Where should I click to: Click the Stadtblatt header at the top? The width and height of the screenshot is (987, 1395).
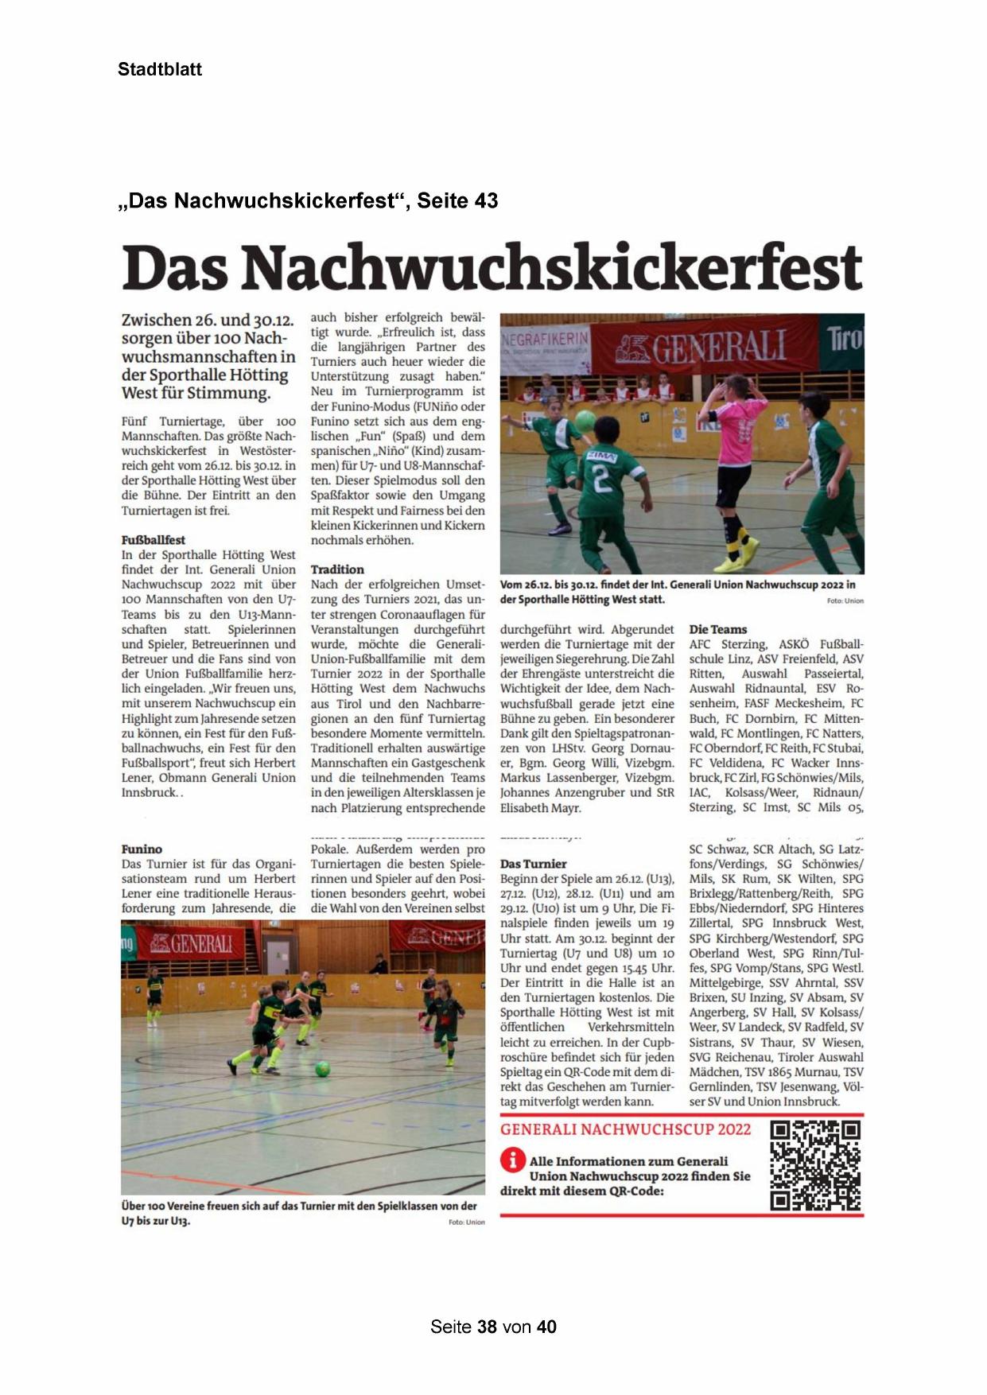[160, 69]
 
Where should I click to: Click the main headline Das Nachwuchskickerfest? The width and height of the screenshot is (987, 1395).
[492, 267]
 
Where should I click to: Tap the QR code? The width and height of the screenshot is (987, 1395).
[815, 1165]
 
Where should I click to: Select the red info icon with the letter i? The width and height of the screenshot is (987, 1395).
[513, 1160]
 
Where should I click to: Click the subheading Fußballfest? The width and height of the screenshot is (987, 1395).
[153, 540]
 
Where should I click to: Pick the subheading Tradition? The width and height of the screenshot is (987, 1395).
[337, 569]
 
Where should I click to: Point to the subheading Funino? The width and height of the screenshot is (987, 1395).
[142, 849]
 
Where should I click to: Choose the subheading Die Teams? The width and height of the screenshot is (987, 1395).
[717, 629]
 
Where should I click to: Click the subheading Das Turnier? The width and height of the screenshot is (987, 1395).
[533, 864]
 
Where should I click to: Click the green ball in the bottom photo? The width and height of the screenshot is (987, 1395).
[322, 1069]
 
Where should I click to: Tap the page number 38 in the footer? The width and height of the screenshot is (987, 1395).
[487, 1327]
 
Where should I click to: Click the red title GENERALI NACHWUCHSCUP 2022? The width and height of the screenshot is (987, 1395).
[625, 1129]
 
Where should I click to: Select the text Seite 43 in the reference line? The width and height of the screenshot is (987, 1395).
[457, 200]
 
